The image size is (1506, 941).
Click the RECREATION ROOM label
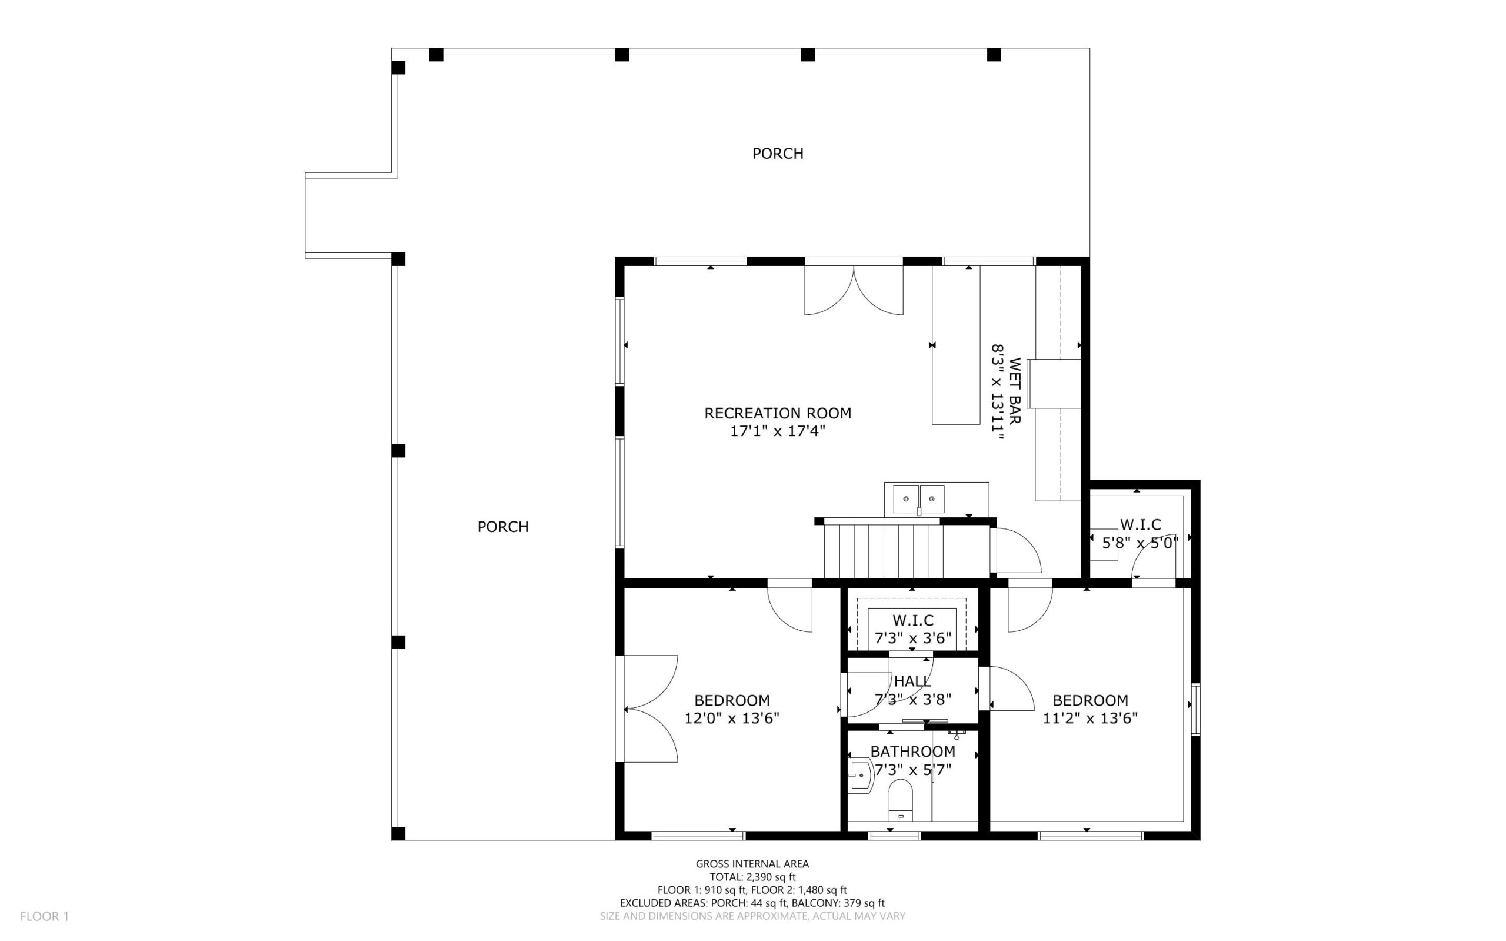778,413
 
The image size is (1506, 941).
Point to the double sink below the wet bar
919,499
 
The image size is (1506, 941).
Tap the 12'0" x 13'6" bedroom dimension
732,719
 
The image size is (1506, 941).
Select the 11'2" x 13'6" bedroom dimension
1090,719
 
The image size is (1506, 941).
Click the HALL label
912,681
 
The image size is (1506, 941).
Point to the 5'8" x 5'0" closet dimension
1140,543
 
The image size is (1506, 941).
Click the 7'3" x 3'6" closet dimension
913,638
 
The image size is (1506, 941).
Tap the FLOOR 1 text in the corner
45,917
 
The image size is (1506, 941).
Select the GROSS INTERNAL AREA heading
752,864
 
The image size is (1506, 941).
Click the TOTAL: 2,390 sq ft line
752,877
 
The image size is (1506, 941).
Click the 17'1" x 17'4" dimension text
778,431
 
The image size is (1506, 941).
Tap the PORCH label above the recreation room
778,154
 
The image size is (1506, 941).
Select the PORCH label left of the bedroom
502,527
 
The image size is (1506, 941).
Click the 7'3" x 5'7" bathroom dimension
913,770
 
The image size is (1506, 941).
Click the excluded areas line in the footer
752,903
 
